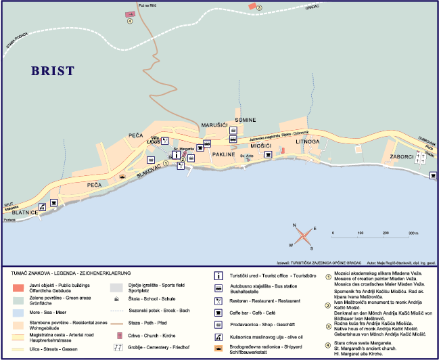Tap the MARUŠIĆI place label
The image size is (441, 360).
[x=215, y=126]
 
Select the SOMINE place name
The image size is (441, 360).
[x=245, y=120]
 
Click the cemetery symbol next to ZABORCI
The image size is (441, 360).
[x=421, y=157]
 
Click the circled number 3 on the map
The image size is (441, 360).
[x=260, y=7]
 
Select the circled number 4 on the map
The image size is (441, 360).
[x=129, y=20]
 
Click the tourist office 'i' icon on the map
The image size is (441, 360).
[x=177, y=154]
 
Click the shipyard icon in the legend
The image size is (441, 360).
[x=218, y=347]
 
